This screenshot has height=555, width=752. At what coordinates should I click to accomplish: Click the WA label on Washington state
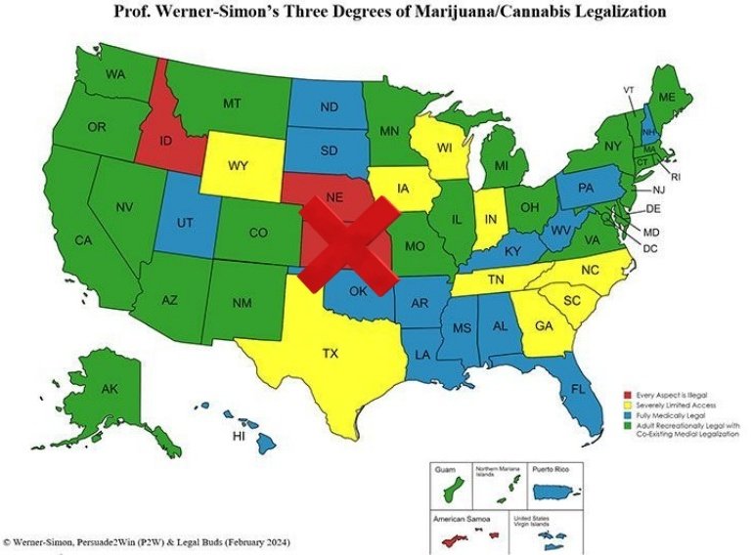click(116, 75)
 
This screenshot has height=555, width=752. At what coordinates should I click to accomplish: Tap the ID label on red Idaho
click(166, 140)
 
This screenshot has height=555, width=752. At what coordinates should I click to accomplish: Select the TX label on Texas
click(331, 354)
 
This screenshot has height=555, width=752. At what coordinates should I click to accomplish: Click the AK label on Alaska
click(110, 389)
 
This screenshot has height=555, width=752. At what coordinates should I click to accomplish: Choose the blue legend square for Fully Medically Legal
click(628, 415)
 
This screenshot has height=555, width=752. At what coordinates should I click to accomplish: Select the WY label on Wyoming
click(237, 165)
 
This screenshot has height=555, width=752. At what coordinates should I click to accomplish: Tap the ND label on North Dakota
click(329, 107)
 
